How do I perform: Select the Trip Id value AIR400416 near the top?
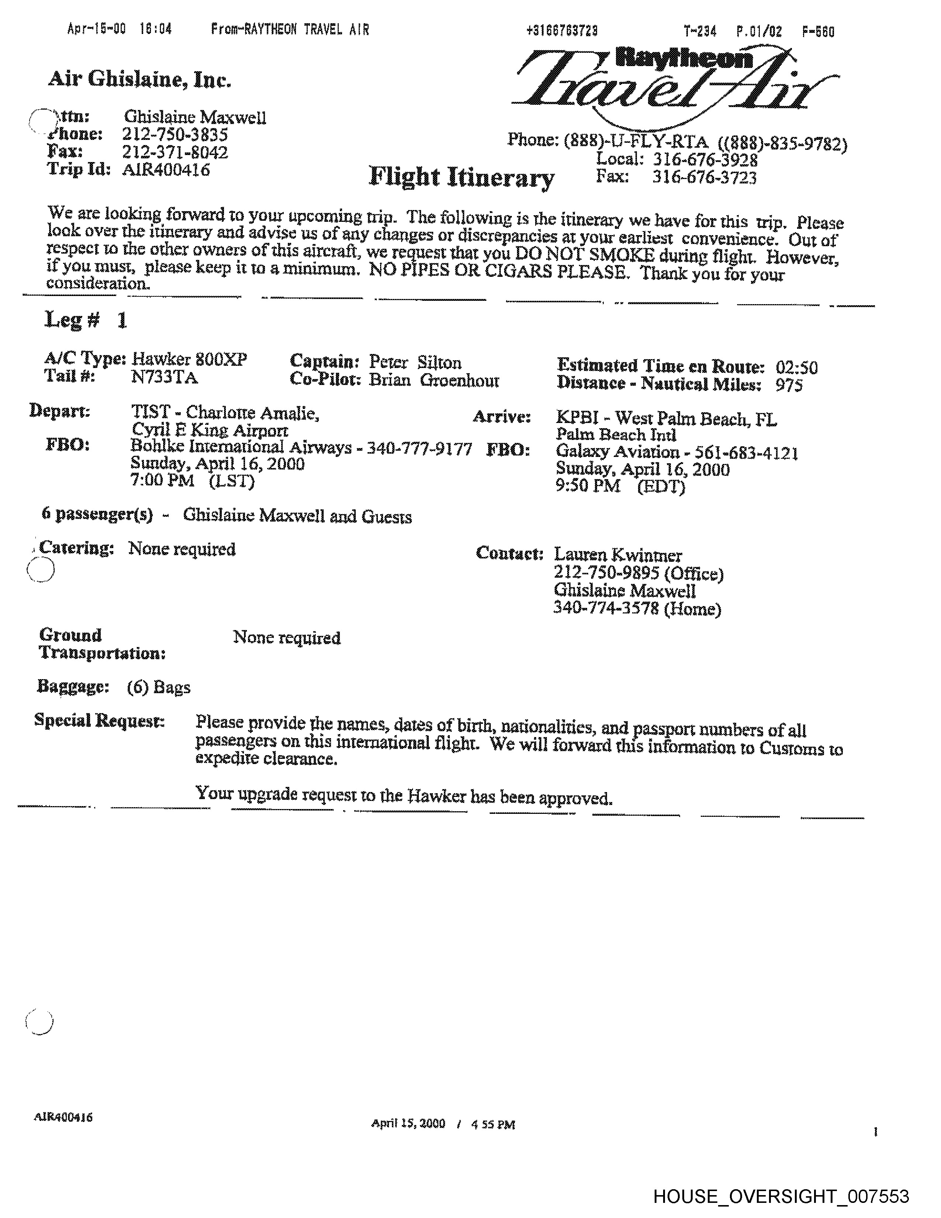[166, 169]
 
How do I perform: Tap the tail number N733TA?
[165, 378]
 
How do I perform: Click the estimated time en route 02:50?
[797, 368]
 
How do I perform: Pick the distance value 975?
[789, 385]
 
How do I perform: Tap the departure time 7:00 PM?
[162, 480]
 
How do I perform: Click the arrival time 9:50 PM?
[587, 486]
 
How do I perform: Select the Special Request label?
[99, 720]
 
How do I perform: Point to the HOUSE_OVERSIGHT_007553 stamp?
[781, 1196]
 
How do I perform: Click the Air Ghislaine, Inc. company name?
[139, 80]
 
